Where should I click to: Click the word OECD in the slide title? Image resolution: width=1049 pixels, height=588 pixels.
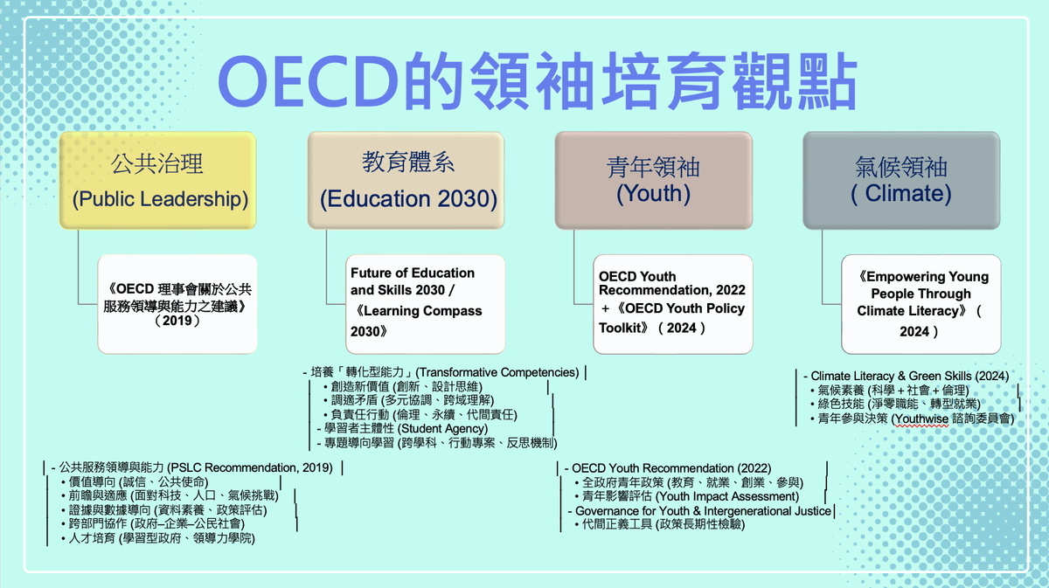308,82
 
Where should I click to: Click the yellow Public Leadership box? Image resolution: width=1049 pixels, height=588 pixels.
158,180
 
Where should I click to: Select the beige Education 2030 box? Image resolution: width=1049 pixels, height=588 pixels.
406,180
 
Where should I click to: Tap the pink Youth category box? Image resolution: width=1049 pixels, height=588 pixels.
654,180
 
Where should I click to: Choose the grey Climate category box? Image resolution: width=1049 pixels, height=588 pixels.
901,180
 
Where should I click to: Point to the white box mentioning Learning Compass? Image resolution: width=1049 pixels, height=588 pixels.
425,304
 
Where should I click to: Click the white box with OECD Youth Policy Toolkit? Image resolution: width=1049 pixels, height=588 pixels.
673,304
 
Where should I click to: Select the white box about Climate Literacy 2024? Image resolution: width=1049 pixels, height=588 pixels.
921,304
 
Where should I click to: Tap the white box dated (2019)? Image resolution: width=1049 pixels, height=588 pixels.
177,304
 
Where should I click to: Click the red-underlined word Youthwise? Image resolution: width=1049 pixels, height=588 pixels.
920,419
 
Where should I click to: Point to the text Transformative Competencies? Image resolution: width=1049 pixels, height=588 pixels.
497,373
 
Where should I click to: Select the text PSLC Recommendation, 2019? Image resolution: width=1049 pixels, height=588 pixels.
250,467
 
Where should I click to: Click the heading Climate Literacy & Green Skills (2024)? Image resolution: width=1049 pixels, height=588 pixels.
907,376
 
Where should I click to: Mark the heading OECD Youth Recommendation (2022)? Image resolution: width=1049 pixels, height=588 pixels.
668,468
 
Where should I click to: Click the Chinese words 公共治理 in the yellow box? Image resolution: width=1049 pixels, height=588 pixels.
156,164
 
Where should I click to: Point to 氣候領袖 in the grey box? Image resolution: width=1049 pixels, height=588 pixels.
901,167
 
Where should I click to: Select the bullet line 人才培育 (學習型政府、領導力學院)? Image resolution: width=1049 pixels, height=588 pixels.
158,538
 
